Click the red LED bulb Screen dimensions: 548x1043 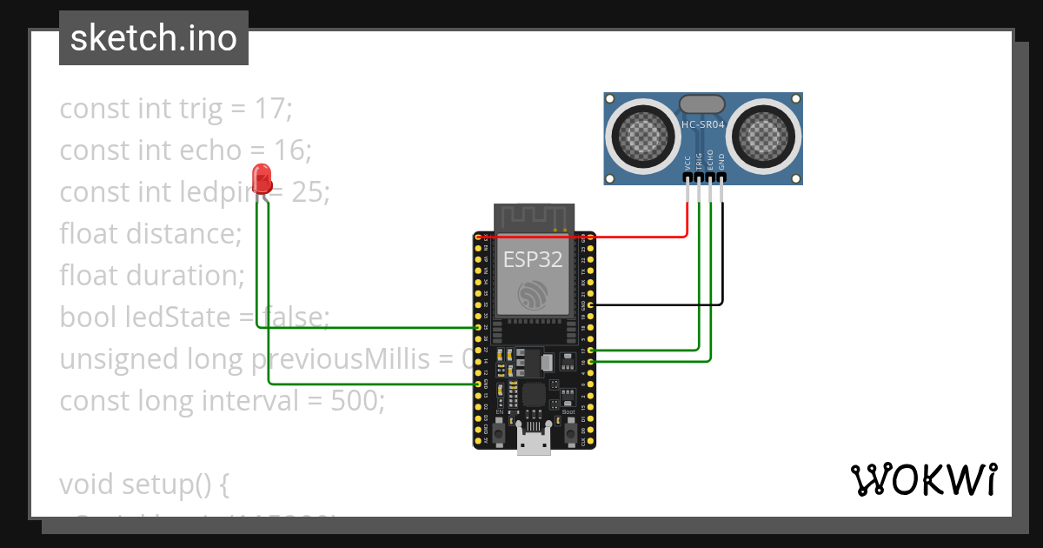pyautogui.click(x=262, y=178)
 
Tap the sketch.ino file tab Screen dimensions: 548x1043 pyautogui.click(x=154, y=38)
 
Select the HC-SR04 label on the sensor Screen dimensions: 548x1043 pyautogui.click(x=703, y=125)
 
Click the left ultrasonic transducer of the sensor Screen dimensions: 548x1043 pyautogui.click(x=644, y=135)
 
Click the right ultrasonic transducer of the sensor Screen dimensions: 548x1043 pyautogui.click(x=762, y=135)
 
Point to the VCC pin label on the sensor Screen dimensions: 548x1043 pyautogui.click(x=688, y=162)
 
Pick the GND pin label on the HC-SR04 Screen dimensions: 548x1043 pyautogui.click(x=721, y=162)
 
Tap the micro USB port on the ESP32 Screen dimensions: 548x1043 pyautogui.click(x=534, y=440)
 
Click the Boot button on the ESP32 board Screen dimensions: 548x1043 pyautogui.click(x=570, y=431)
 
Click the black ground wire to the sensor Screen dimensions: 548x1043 pyautogui.click(x=661, y=305)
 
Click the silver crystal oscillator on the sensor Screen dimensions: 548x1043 pyautogui.click(x=702, y=104)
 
